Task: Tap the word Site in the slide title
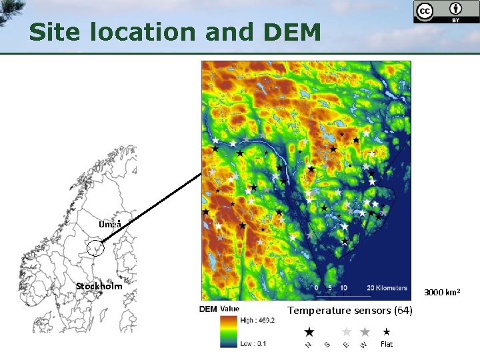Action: point(55,32)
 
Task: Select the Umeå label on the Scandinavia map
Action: point(110,225)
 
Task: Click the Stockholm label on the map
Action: point(99,286)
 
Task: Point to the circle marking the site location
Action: point(96,249)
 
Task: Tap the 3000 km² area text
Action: point(443,293)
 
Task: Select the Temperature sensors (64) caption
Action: point(350,311)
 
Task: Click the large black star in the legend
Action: point(309,331)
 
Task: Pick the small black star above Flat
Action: point(386,331)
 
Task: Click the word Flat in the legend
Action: point(386,344)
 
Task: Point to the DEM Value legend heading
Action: point(219,309)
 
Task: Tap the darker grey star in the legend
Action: point(365,331)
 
